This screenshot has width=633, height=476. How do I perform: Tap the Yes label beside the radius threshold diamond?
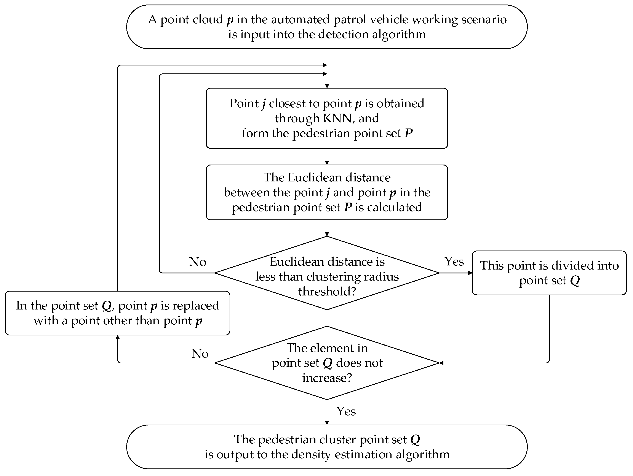[454, 261]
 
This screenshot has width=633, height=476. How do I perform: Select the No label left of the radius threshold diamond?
[197, 262]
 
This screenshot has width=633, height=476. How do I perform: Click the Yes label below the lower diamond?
[346, 411]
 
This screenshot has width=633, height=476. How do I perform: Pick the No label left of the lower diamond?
[200, 354]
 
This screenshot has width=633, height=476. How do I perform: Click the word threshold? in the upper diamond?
[327, 292]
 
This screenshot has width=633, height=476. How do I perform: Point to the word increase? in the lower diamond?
[327, 378]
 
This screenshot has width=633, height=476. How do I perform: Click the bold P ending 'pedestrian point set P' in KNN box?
[408, 133]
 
